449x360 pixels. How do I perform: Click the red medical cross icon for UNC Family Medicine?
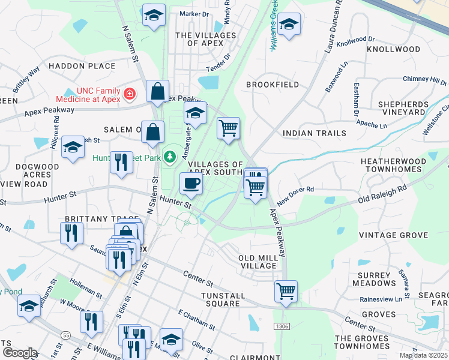[x=130, y=94]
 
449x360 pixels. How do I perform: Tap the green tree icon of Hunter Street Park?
[x=170, y=157]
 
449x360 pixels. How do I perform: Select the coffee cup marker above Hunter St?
[x=191, y=184]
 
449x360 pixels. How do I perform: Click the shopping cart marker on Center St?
[x=286, y=292]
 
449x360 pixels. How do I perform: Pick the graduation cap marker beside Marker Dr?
[x=154, y=16]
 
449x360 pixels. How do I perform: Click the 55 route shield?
[x=66, y=334]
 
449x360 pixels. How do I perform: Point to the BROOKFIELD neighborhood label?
[x=272, y=85]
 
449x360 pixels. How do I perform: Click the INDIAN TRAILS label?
[x=314, y=133]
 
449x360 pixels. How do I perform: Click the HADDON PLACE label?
[x=82, y=65]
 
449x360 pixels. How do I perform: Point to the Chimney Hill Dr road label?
[x=424, y=79]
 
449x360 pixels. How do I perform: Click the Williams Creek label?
[x=274, y=25]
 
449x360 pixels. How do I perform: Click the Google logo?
[x=20, y=353]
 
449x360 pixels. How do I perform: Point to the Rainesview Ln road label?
[x=380, y=299]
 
